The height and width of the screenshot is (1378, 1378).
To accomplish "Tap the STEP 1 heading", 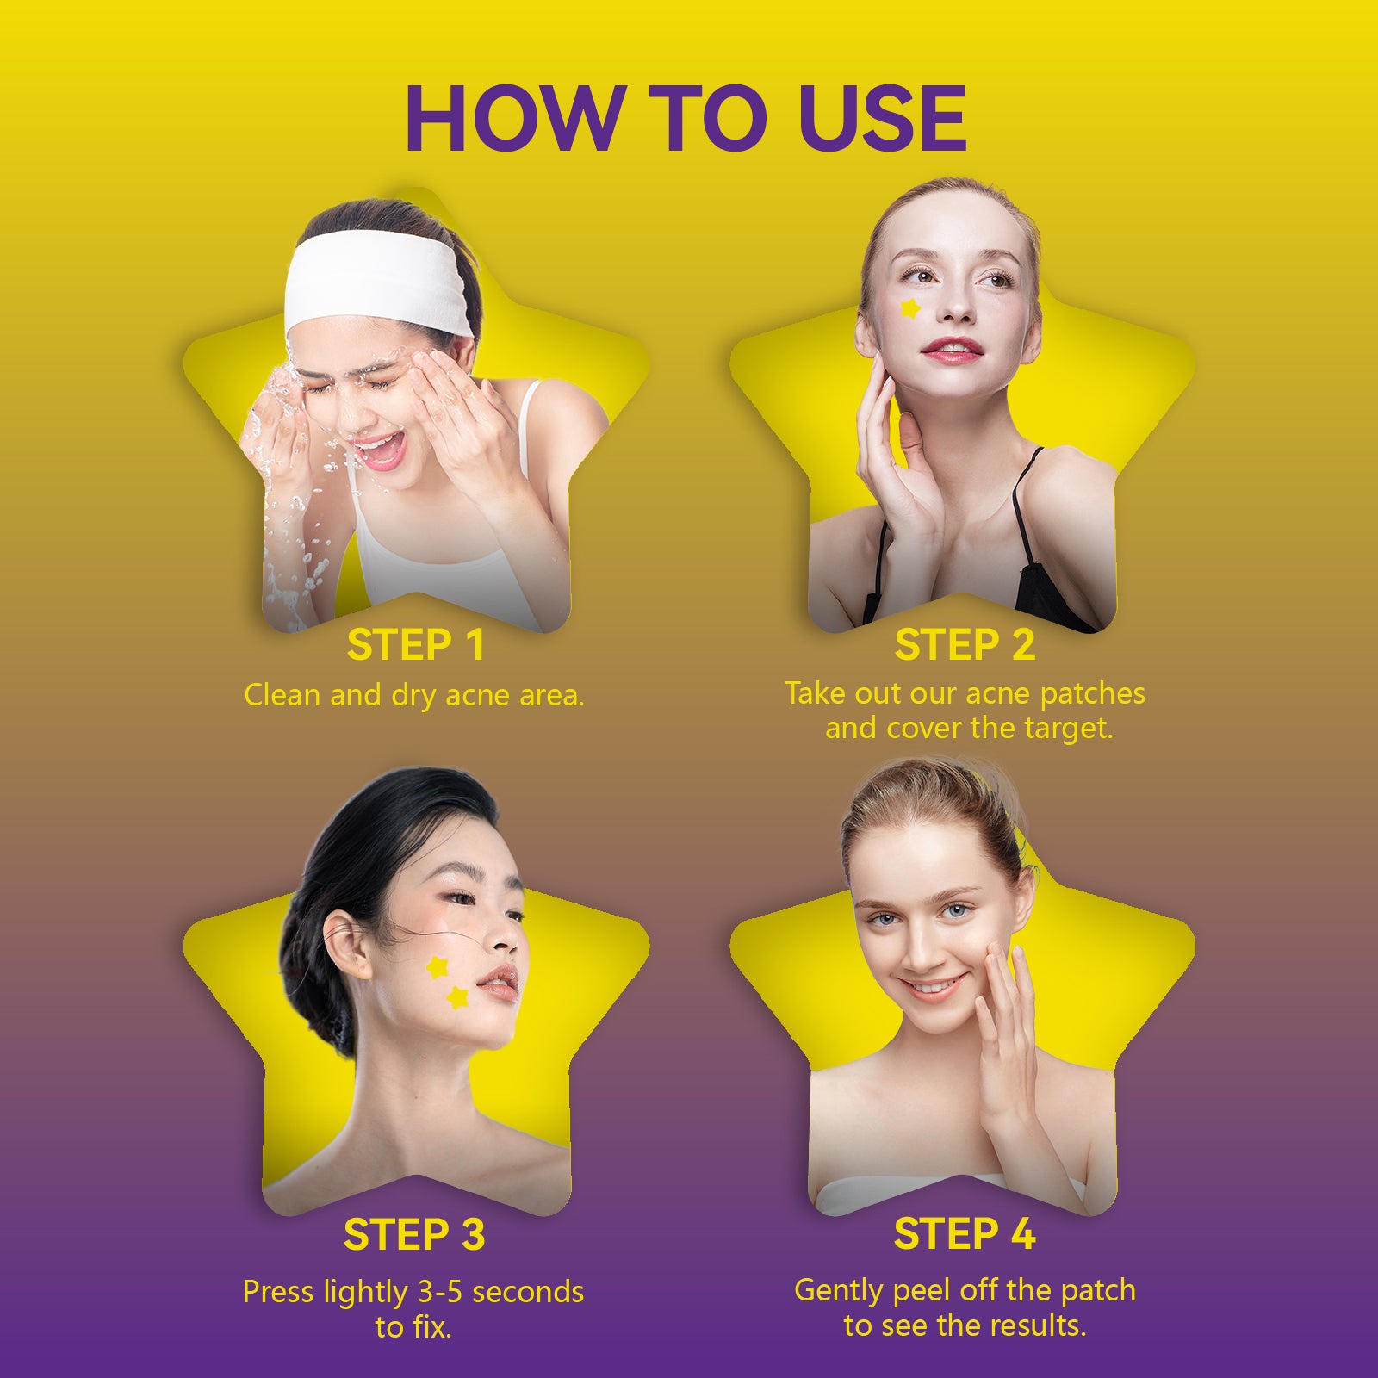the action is [x=415, y=645].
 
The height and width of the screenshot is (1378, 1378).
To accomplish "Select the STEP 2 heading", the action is [x=965, y=645].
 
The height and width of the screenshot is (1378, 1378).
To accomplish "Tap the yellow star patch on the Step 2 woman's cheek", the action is [x=910, y=307].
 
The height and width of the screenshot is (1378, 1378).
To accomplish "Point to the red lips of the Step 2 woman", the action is [x=951, y=349].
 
